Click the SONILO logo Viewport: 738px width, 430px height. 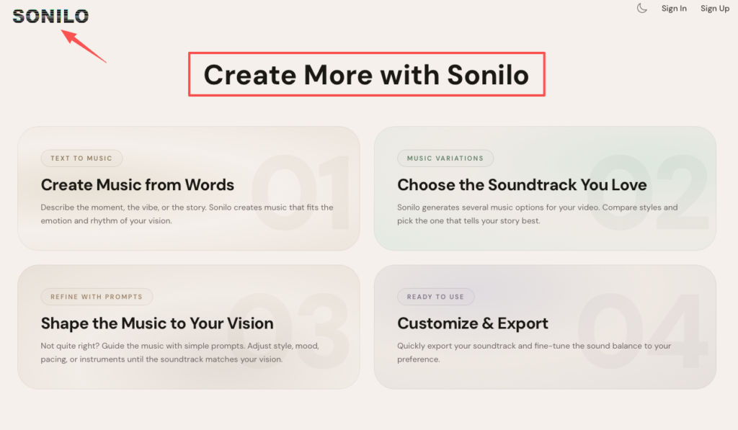pyautogui.click(x=50, y=16)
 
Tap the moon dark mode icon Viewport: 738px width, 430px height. pyautogui.click(x=642, y=9)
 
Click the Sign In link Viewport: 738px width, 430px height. pyautogui.click(x=674, y=9)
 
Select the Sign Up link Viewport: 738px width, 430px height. pyautogui.click(x=715, y=9)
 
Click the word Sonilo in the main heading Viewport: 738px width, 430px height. pyautogui.click(x=488, y=75)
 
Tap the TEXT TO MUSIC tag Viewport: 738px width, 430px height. pyautogui.click(x=81, y=158)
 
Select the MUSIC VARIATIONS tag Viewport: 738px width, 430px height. pyautogui.click(x=445, y=158)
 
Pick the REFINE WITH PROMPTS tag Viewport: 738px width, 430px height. pyautogui.click(x=97, y=297)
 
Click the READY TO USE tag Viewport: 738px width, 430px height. pyautogui.click(x=435, y=297)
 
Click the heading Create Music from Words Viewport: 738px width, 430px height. pyautogui.click(x=138, y=185)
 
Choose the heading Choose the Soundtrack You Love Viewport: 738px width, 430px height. pyautogui.click(x=522, y=185)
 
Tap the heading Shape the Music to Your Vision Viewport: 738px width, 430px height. pyautogui.click(x=157, y=323)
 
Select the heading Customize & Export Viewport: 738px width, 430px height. pyautogui.click(x=473, y=323)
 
